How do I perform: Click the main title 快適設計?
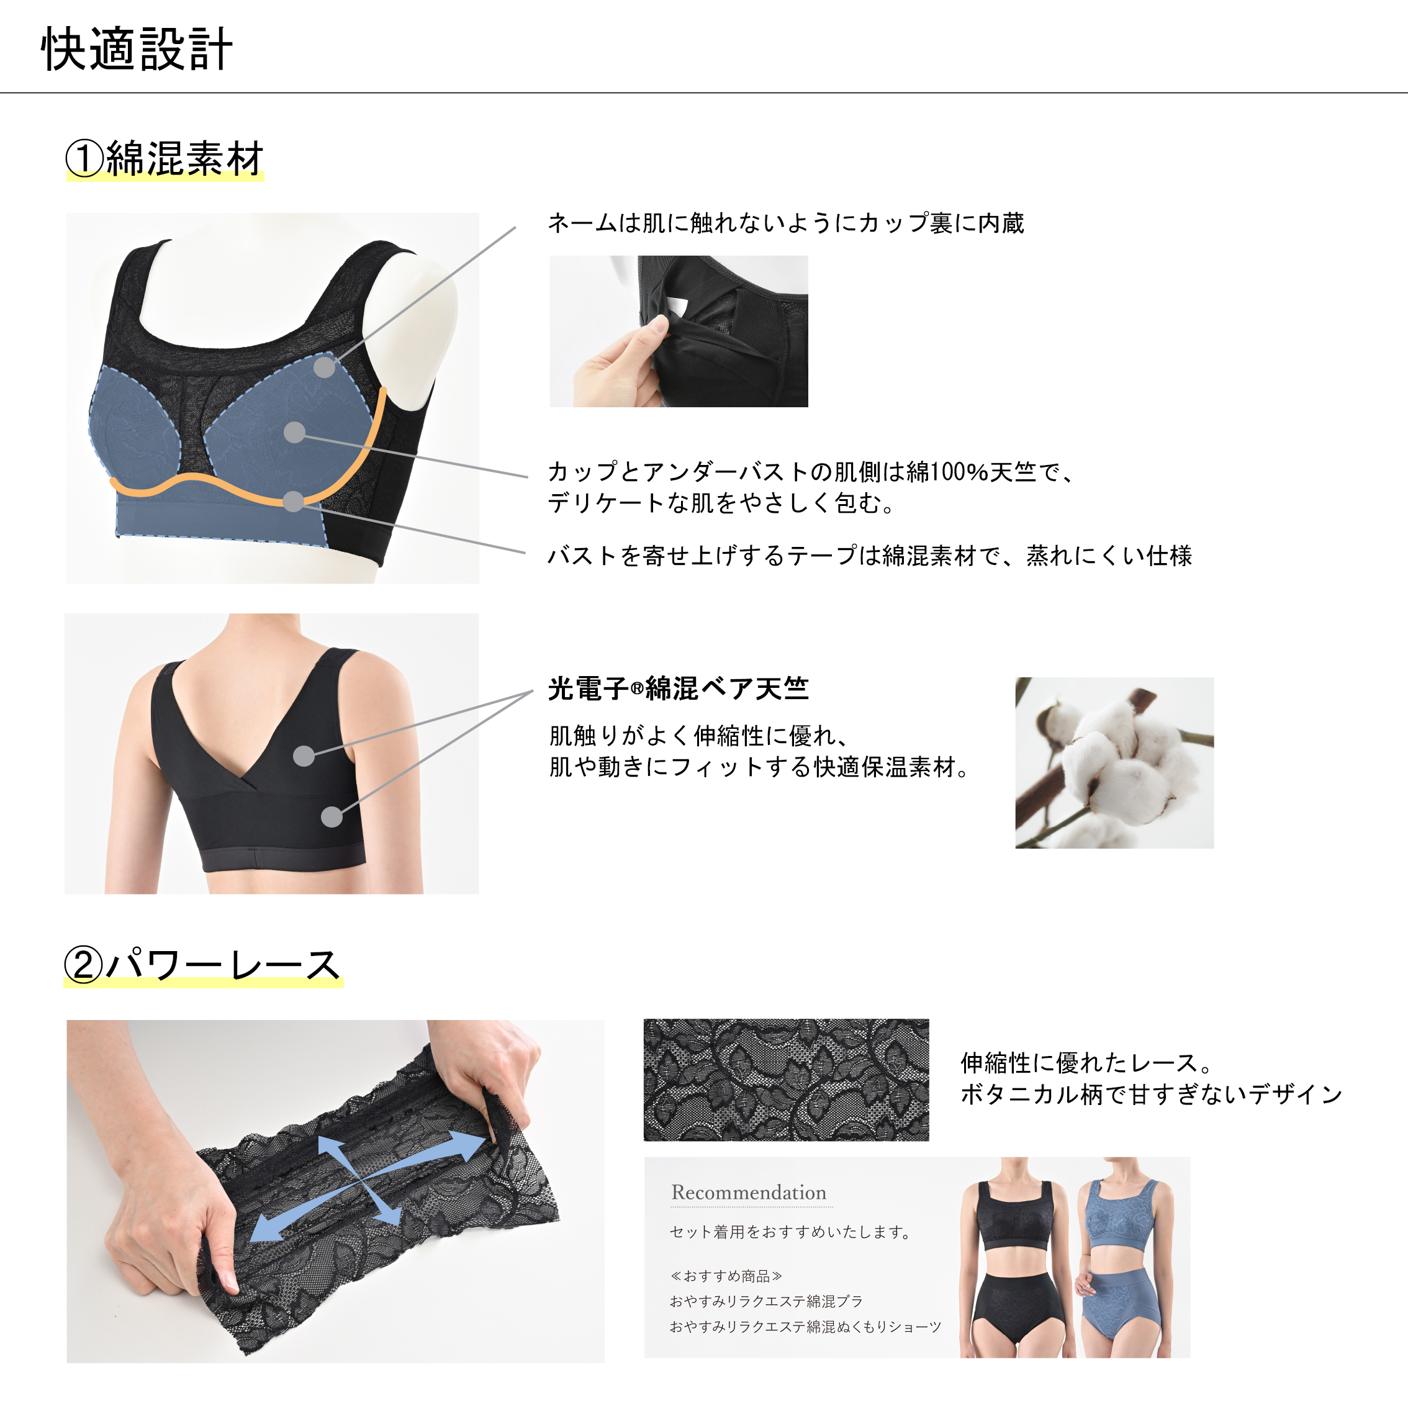pyautogui.click(x=137, y=50)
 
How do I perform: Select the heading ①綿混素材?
pyautogui.click(x=165, y=159)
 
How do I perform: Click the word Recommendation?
pyautogui.click(x=749, y=1193)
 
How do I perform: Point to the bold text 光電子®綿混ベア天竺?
pyautogui.click(x=679, y=688)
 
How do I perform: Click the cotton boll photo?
pyautogui.click(x=1114, y=762)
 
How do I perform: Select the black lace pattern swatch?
pyautogui.click(x=787, y=1080)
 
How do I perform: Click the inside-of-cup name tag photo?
pyautogui.click(x=679, y=331)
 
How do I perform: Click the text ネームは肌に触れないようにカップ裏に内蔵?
pyautogui.click(x=785, y=223)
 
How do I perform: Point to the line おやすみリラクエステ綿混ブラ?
pyautogui.click(x=766, y=1301)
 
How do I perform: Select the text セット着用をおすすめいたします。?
pyautogui.click(x=791, y=1232)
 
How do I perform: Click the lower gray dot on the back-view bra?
pyautogui.click(x=332, y=816)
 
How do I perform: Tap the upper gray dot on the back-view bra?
pyautogui.click(x=304, y=755)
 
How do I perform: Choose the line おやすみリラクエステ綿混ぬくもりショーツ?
pyautogui.click(x=805, y=1327)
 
